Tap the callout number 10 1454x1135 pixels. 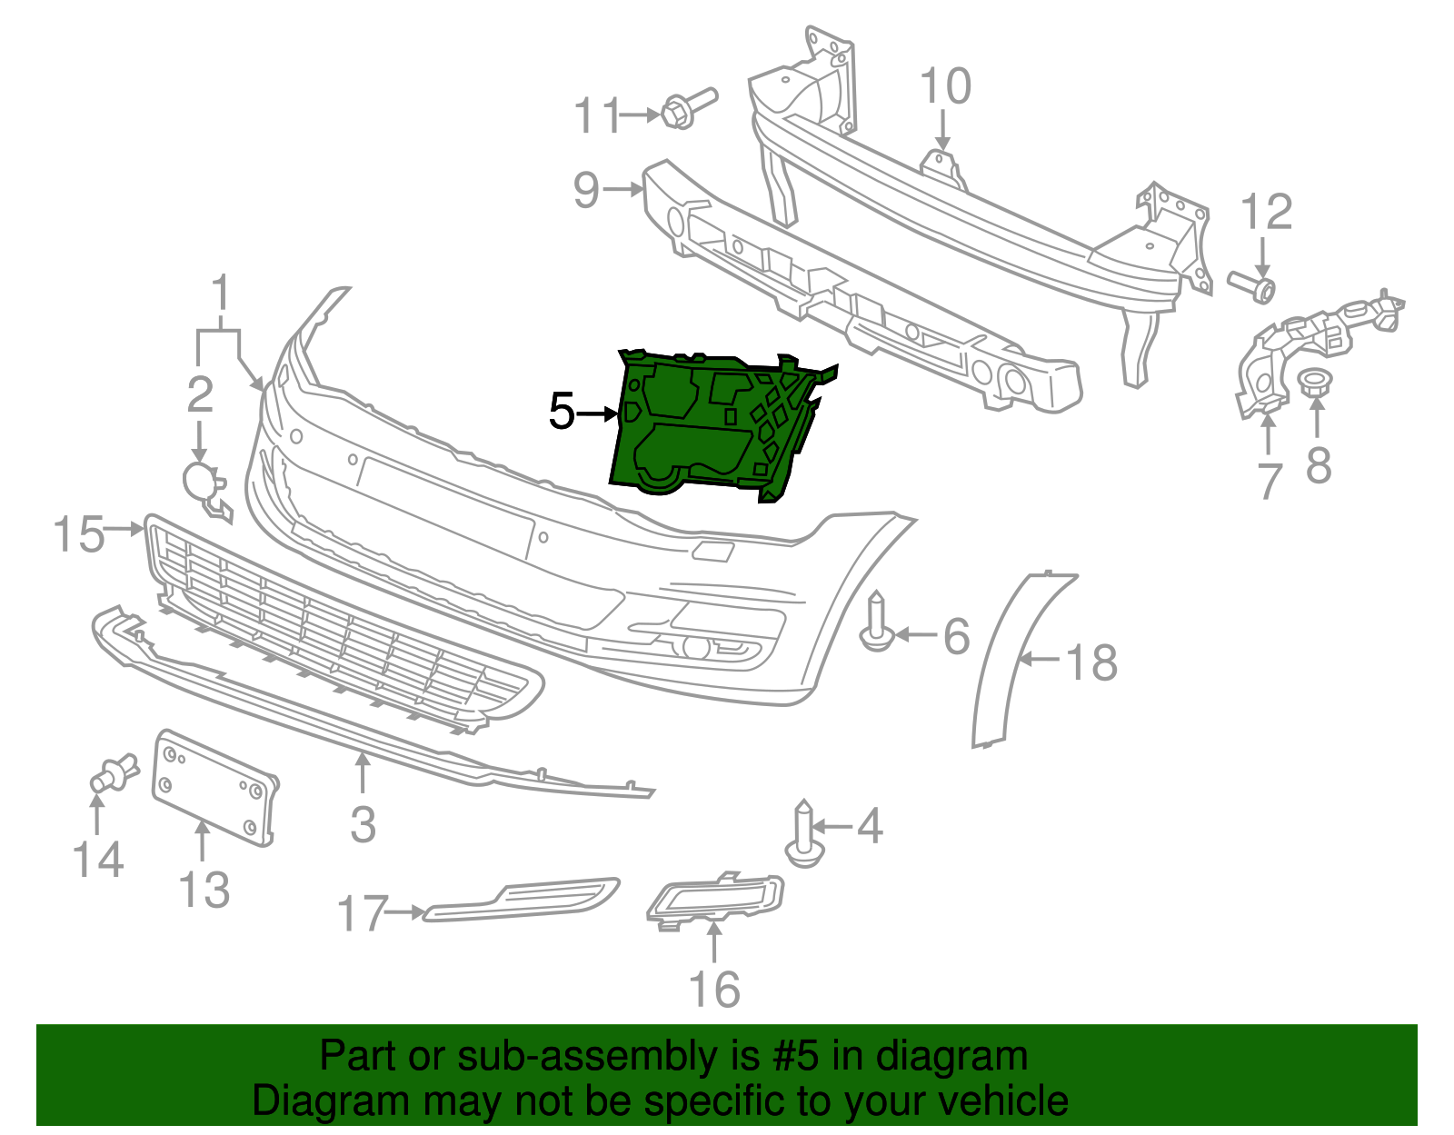click(945, 87)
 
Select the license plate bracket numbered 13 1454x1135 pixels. click(214, 788)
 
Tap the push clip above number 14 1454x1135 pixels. click(113, 773)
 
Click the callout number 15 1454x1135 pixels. click(78, 533)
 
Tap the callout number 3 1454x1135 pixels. click(363, 824)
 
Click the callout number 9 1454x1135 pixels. click(587, 189)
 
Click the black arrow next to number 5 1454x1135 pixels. click(596, 414)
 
